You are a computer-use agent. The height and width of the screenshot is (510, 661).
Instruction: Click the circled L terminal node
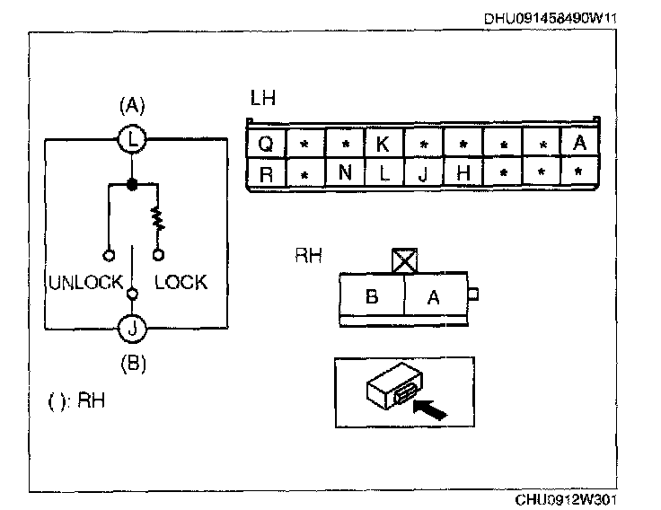132,140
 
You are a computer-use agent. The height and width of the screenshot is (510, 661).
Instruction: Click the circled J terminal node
132,329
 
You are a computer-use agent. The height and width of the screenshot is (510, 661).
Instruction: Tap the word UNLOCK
85,283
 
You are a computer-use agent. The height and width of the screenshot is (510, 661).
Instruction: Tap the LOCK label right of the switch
181,283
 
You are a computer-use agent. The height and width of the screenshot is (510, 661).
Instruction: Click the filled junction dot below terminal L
132,185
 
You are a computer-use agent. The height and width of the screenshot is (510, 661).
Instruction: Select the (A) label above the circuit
132,106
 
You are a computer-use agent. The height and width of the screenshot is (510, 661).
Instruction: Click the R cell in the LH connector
265,173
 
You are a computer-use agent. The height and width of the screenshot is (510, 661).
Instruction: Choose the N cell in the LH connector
344,173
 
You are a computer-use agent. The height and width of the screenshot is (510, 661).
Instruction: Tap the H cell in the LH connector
463,173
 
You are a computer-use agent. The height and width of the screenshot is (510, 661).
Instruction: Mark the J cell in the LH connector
422,173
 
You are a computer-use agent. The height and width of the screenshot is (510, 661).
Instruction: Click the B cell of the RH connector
372,297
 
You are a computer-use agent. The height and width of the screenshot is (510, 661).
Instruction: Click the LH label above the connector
263,99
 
